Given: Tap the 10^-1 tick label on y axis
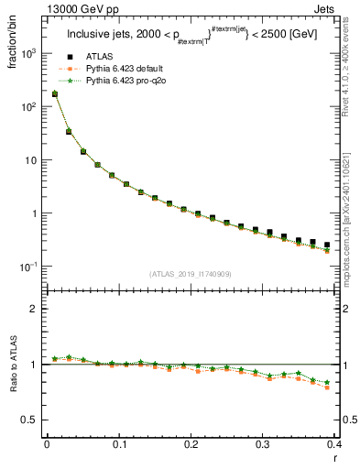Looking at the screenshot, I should point(27,267).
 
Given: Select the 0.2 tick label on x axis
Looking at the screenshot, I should point(191,444).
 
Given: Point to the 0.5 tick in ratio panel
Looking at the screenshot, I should point(30,420).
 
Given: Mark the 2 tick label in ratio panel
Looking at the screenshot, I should point(34,309).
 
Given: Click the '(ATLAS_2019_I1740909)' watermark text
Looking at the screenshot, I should point(190,274).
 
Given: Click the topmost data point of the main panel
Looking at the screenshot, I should point(54,93).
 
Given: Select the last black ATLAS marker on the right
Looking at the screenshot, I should point(327,245).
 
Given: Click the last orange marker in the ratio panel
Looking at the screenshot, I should point(327,387).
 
